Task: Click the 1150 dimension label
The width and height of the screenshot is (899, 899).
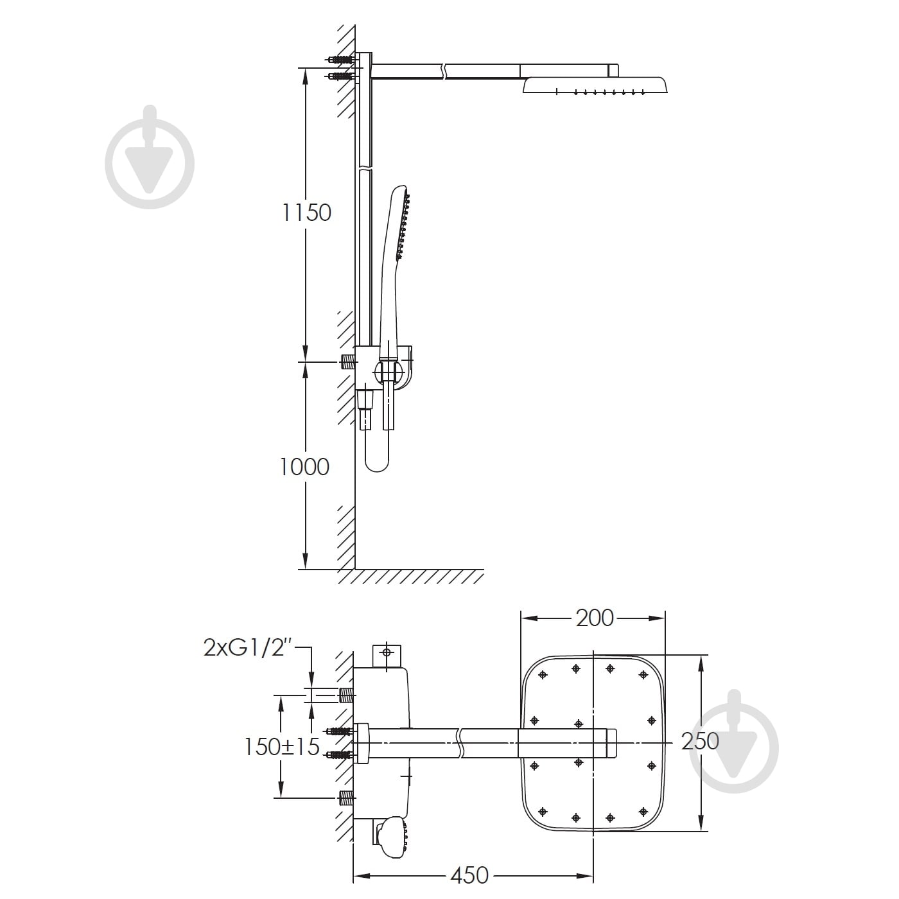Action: tap(306, 213)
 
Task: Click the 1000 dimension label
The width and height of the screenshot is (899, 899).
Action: tap(304, 467)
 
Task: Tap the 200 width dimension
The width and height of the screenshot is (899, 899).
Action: tap(595, 618)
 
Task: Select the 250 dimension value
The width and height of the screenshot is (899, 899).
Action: tap(700, 741)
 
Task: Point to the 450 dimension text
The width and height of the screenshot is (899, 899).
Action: tap(469, 875)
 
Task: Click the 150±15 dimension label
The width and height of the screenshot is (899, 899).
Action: tap(282, 747)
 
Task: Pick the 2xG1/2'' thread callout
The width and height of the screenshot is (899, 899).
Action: tap(248, 648)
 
